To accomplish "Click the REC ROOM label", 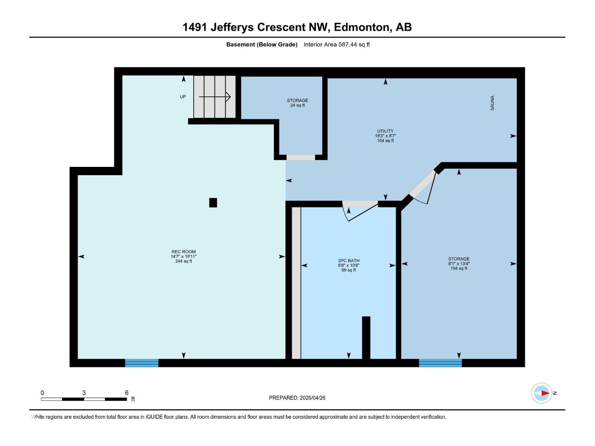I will [183, 252].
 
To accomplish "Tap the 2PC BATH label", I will [348, 261].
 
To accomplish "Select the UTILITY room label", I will [385, 131].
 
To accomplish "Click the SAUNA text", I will [492, 103].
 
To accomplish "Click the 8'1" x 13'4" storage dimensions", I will [459, 264].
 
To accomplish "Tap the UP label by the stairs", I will [183, 97].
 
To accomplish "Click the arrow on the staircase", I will [215, 97].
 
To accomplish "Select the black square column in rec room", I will [213, 203].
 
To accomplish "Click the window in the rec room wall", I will [142, 363].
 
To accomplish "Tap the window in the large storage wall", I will [440, 363].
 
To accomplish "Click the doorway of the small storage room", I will [300, 158].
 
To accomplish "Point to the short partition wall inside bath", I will [366, 337].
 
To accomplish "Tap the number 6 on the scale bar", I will [126, 393].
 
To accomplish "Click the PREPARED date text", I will [297, 398].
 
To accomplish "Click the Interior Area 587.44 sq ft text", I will [337, 45].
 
